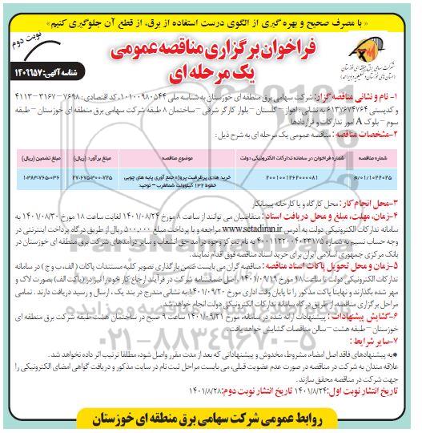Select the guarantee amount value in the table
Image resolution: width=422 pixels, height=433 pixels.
[x=37, y=175]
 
